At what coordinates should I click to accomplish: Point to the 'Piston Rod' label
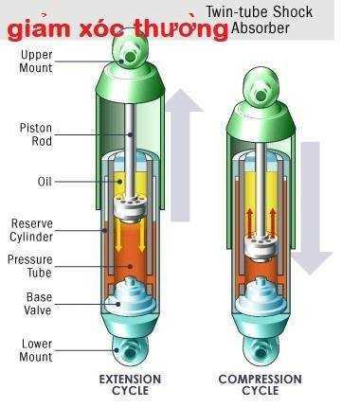pos(36,134)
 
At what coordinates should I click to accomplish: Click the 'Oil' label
pos(44,180)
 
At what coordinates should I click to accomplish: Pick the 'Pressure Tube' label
pos(30,267)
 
